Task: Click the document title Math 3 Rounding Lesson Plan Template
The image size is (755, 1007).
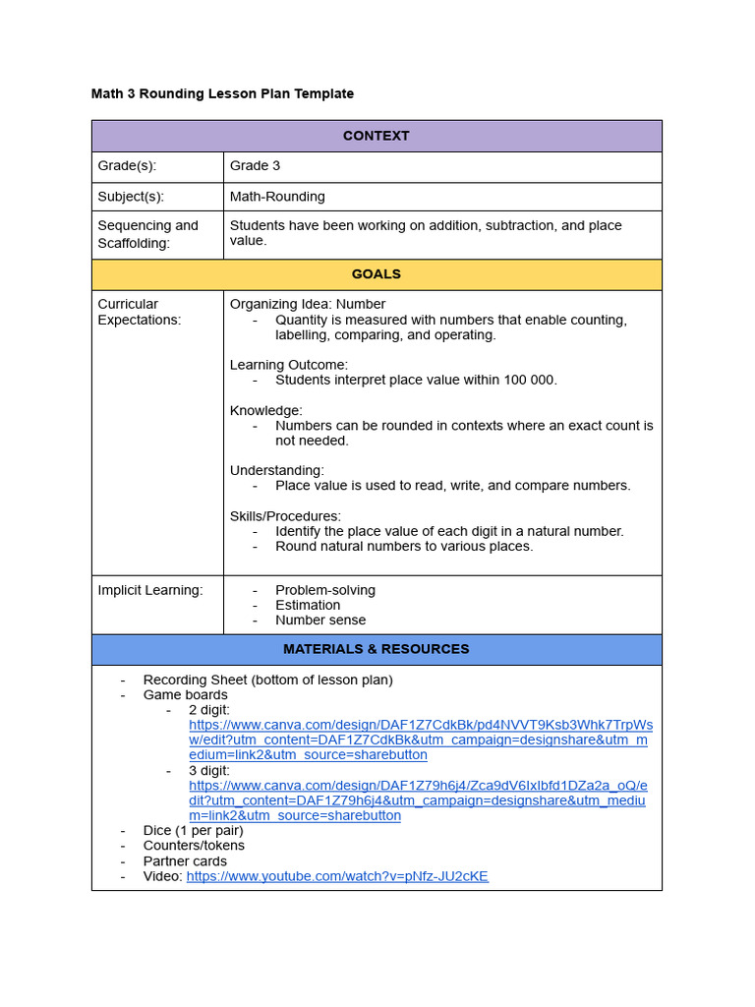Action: coord(222,93)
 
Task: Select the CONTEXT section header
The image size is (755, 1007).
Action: coord(376,136)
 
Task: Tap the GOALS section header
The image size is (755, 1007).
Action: coord(376,274)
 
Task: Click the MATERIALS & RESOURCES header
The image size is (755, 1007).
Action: coord(376,649)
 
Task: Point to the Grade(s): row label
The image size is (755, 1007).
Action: coord(127,166)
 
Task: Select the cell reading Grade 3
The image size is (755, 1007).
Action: coord(255,166)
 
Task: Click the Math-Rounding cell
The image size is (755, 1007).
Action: coord(277,197)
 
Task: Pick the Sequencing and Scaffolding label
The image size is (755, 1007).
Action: coord(147,233)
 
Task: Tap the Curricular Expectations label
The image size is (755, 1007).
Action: coord(139,312)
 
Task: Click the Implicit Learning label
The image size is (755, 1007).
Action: coord(149,590)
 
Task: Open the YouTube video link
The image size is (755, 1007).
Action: coord(337,876)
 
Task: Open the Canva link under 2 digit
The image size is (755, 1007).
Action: coord(420,740)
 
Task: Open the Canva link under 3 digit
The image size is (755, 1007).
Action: coord(418,800)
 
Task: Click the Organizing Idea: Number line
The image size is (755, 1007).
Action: coord(308,304)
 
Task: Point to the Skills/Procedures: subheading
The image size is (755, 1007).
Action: coord(285,516)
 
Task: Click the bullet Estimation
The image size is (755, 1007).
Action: coord(308,605)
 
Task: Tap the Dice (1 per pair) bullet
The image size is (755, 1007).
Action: coord(193,830)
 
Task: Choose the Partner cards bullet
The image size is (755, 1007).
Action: coord(185,860)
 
